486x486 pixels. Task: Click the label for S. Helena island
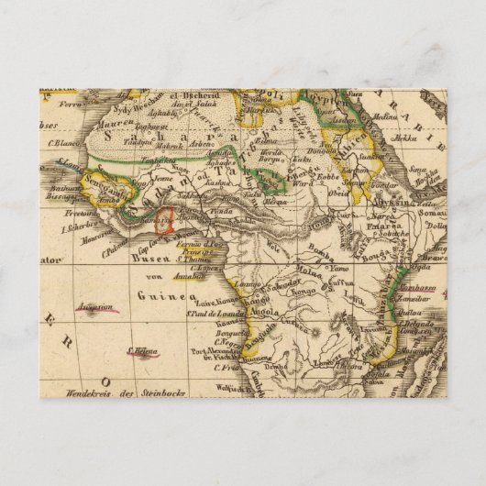coord(143,349)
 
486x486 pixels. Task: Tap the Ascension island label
coord(95,307)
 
